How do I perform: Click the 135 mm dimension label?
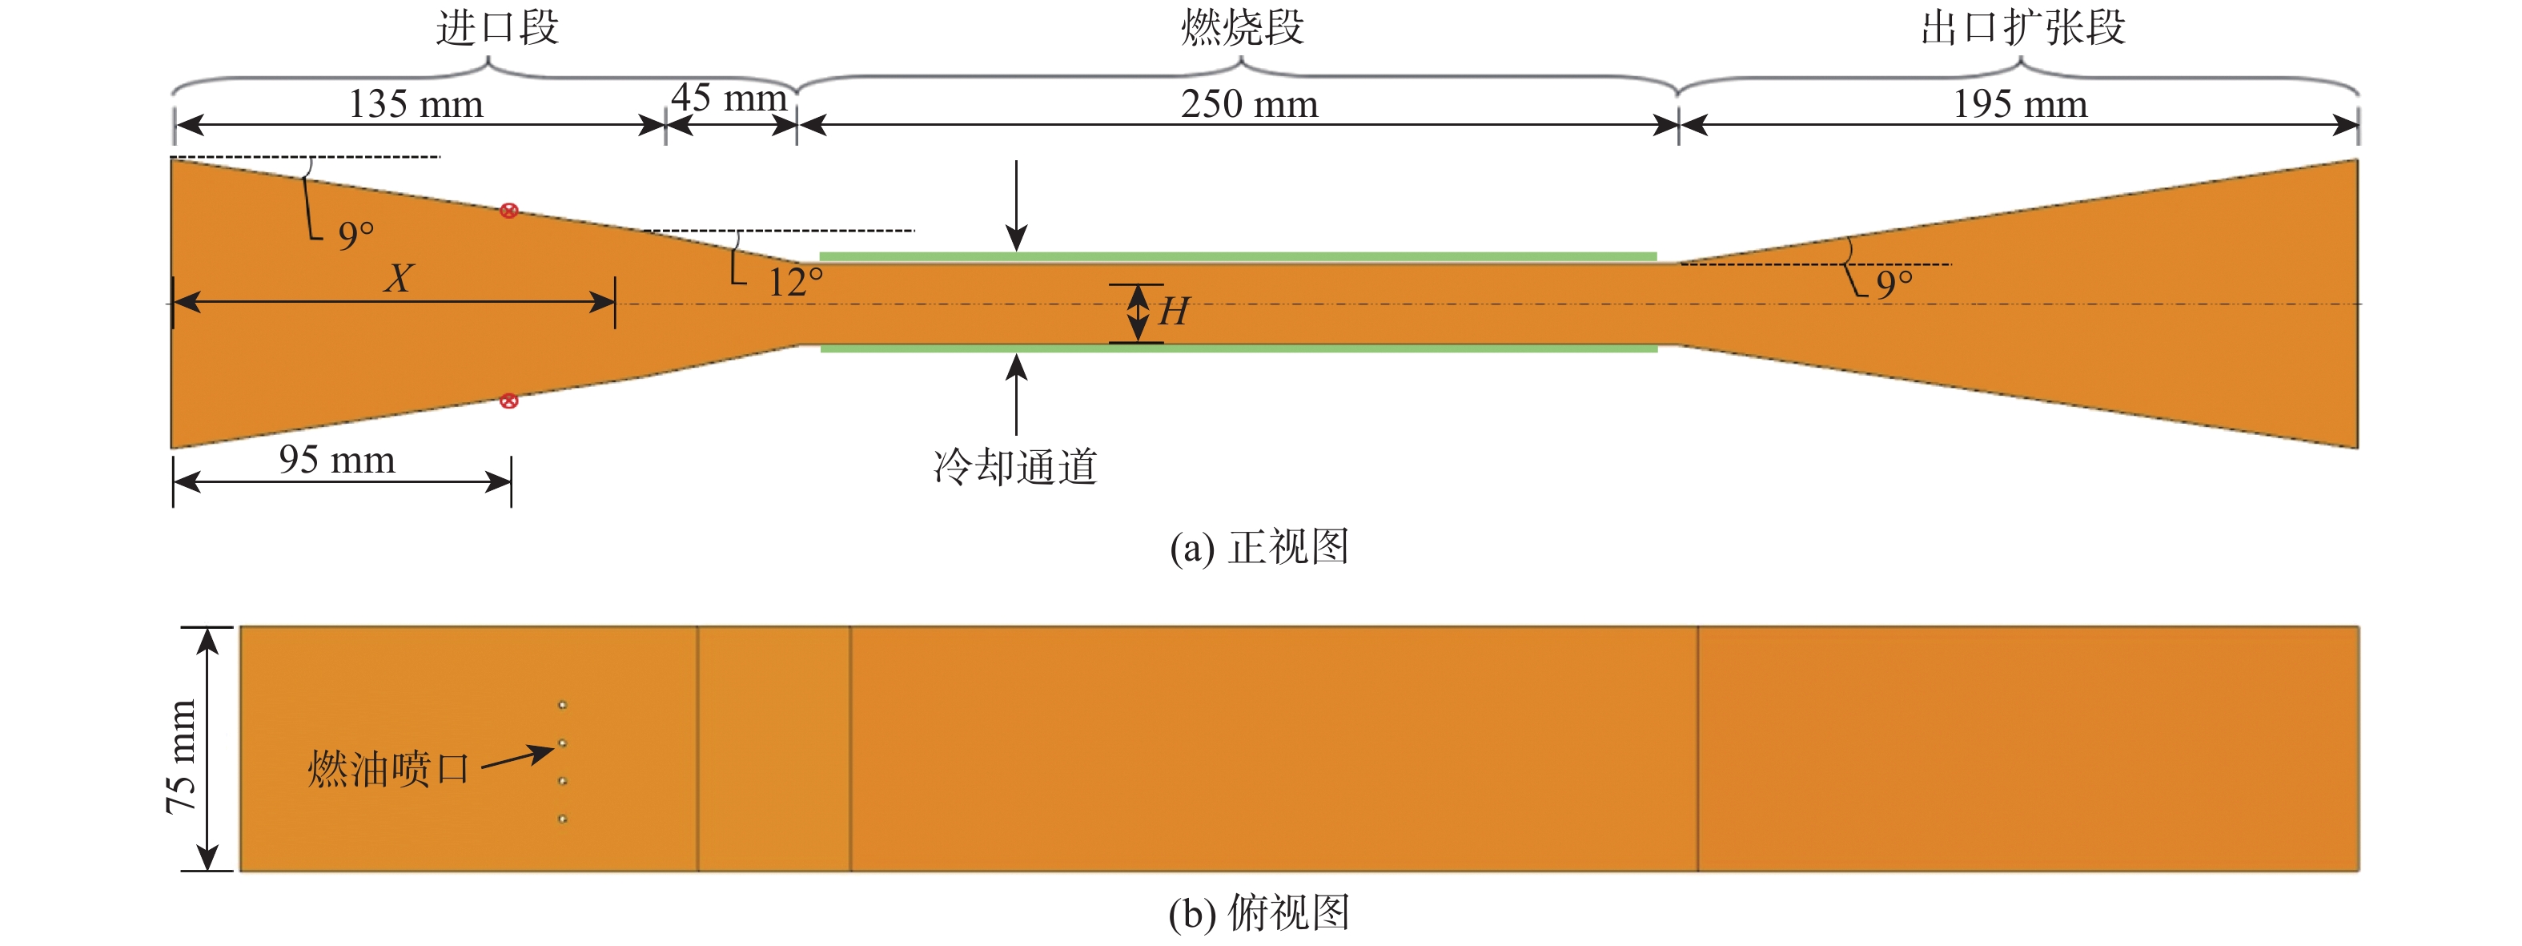click(416, 104)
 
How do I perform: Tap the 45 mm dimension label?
click(729, 98)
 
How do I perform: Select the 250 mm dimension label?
click(1249, 104)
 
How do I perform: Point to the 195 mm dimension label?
click(2020, 104)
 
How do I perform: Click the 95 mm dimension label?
click(337, 459)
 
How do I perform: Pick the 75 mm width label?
click(182, 756)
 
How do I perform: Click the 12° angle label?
click(794, 283)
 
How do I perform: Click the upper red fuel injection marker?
click(509, 211)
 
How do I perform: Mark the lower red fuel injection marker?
click(509, 401)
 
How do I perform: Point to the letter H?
click(1173, 312)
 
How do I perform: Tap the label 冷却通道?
click(1015, 467)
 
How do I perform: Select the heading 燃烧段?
click(1243, 27)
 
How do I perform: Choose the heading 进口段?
click(497, 27)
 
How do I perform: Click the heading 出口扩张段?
click(2022, 27)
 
